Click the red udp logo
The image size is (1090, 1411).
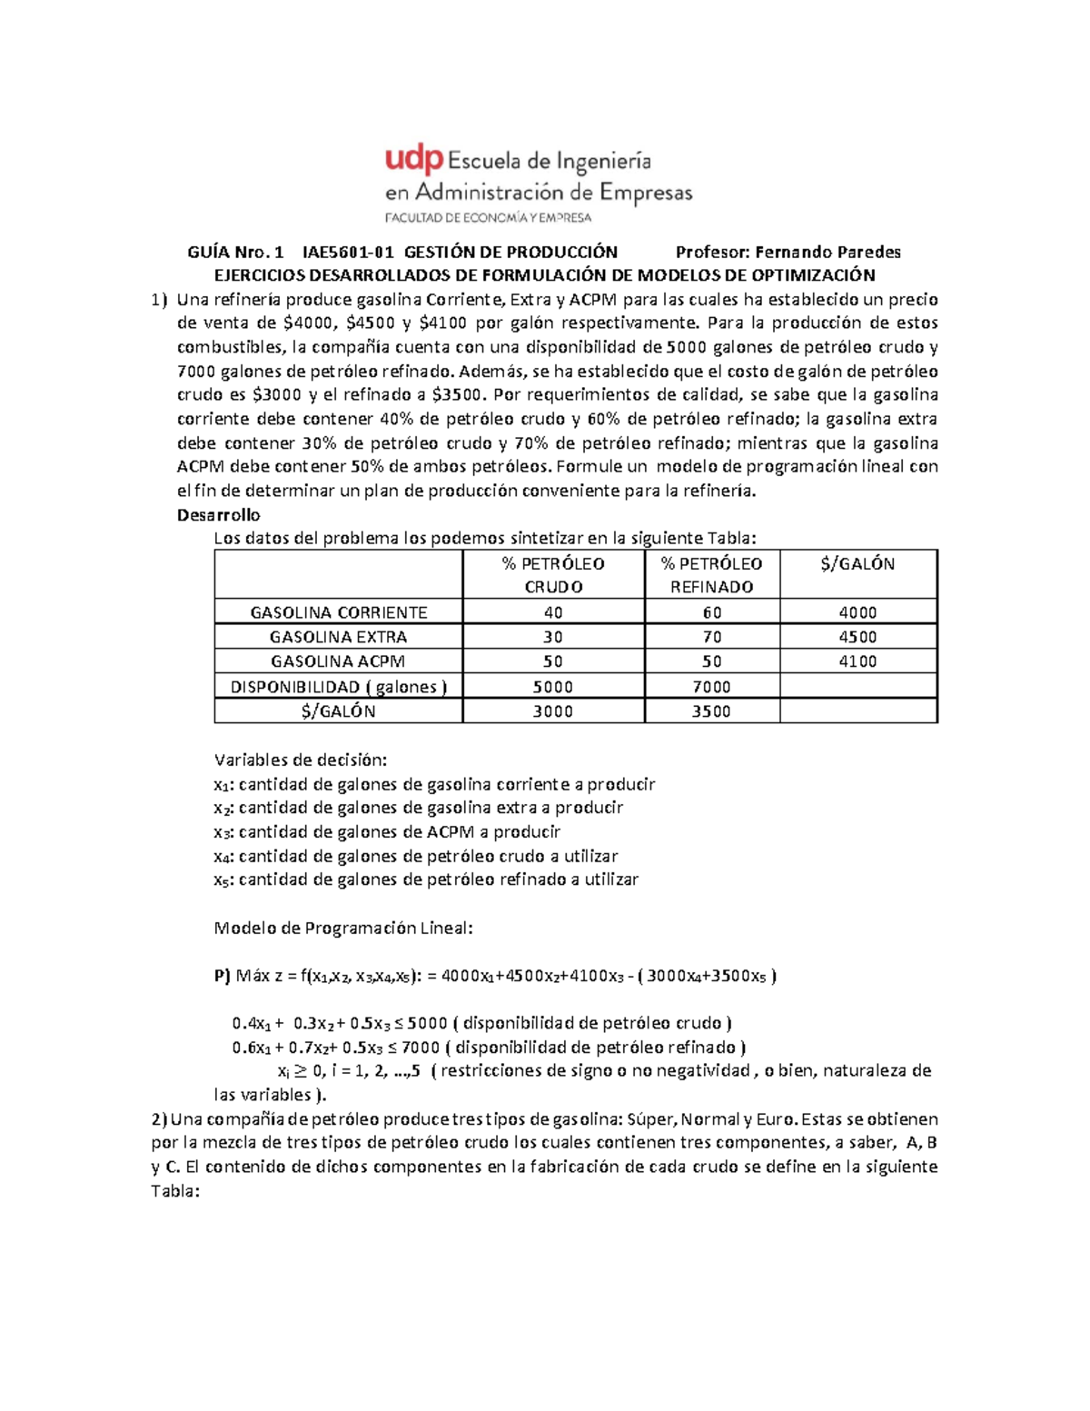click(x=414, y=160)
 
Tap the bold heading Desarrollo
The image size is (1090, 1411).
click(x=218, y=514)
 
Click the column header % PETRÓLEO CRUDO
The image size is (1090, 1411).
click(x=553, y=574)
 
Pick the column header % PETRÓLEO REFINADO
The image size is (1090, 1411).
click(x=711, y=574)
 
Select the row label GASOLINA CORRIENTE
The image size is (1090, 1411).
click(x=339, y=612)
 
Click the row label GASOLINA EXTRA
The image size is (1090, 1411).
click(x=339, y=637)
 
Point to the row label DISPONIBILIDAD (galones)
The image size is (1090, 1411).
click(x=339, y=687)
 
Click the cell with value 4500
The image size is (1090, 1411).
click(x=857, y=637)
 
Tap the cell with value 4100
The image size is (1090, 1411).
click(x=857, y=661)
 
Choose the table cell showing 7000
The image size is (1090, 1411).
click(x=711, y=687)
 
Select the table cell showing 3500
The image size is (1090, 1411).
click(x=711, y=711)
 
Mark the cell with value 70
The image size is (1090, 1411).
click(x=711, y=637)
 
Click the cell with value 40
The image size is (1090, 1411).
click(x=553, y=612)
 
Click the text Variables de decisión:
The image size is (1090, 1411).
click(x=300, y=760)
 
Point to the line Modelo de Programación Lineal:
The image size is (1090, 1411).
click(x=342, y=928)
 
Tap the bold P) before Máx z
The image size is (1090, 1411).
click(x=223, y=976)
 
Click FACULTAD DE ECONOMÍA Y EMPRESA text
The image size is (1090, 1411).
click(x=488, y=218)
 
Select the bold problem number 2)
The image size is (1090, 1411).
click(x=159, y=1118)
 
